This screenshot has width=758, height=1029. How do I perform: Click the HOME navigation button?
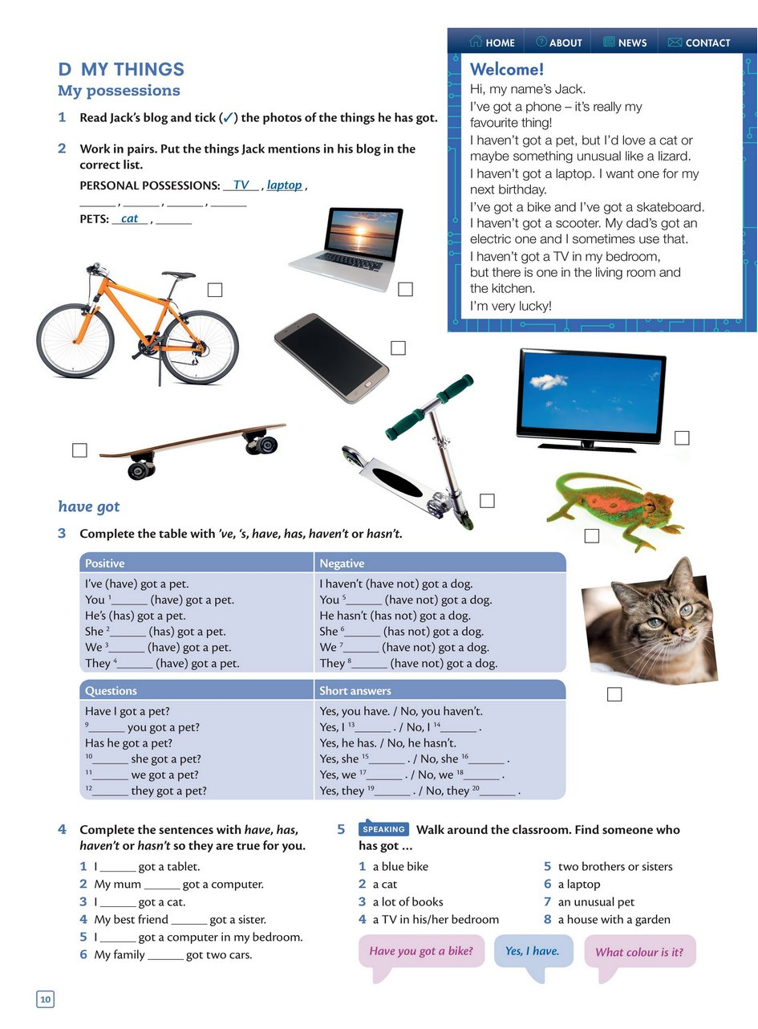492,43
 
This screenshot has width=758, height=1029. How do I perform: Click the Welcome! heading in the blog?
506,70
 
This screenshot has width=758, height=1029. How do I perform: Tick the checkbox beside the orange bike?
214,290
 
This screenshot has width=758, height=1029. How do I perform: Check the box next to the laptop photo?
405,289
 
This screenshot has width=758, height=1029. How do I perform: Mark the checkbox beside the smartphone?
398,348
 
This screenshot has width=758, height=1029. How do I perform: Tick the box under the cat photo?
614,694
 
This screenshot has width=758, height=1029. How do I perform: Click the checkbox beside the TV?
682,437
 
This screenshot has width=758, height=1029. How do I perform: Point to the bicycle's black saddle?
179,275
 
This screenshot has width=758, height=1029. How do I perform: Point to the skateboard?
193,443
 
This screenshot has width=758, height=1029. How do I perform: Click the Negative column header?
342,563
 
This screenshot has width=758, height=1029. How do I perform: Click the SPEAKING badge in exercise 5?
384,829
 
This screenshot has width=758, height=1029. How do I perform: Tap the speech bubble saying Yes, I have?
533,952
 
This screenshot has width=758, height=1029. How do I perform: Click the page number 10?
45,999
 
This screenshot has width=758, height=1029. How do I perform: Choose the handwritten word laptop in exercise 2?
285,185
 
